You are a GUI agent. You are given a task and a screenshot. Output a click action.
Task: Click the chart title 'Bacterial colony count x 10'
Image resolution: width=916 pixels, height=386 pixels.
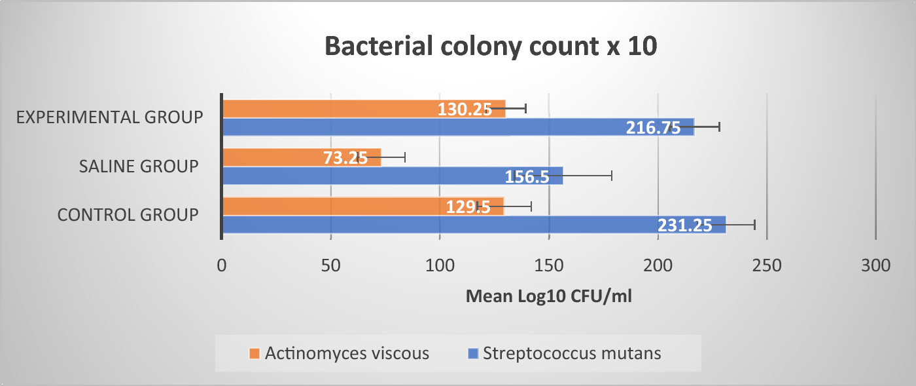pos(490,48)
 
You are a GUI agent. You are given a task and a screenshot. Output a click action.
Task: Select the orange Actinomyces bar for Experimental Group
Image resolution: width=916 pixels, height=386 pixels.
pos(327,109)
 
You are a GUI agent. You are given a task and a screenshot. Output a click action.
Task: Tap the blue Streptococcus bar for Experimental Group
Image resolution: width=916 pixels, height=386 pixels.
pos(425,127)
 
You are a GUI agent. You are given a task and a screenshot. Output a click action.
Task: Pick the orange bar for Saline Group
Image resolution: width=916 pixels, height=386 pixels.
pos(275,157)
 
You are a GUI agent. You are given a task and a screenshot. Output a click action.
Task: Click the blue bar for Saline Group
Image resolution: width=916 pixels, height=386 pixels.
pos(360,176)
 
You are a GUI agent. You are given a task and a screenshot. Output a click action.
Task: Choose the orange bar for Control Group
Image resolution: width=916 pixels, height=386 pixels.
pos(327,206)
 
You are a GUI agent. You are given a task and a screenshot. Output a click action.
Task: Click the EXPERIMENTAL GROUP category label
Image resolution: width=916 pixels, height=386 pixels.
pos(110,117)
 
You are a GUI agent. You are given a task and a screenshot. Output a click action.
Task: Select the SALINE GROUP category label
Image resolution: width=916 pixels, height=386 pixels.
pos(139,166)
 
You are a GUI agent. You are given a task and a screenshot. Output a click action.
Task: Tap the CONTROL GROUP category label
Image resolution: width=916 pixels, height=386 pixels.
pos(128,215)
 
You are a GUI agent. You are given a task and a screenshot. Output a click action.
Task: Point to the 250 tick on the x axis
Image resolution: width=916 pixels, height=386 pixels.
pos(767,265)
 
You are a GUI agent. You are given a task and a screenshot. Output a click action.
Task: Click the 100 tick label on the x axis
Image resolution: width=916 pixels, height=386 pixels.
pos(440,265)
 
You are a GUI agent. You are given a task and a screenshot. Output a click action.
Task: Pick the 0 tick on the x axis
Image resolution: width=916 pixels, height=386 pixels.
pos(222,265)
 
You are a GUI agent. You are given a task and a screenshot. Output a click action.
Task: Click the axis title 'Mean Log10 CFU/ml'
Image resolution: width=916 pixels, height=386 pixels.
pos(548,297)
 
